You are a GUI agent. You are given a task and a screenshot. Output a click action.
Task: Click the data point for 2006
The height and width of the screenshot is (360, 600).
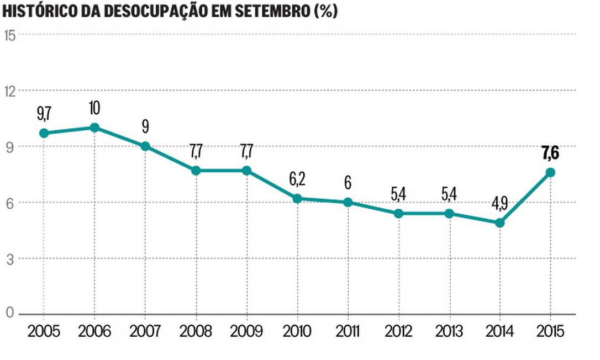[94, 128]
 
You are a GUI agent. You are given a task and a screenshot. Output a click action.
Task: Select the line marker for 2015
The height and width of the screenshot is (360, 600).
[550, 172]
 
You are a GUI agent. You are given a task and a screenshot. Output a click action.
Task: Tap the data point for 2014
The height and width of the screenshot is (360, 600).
[499, 223]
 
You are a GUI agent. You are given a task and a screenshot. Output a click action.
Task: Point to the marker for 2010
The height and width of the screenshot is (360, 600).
[297, 198]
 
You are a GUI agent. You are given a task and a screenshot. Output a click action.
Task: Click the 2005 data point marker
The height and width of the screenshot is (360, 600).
[44, 133]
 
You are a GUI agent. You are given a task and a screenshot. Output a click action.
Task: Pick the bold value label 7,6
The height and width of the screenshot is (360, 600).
[550, 152]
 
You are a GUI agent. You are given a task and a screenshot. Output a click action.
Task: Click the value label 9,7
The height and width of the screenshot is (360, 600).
[44, 114]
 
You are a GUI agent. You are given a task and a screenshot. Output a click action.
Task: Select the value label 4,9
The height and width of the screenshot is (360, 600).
[499, 203]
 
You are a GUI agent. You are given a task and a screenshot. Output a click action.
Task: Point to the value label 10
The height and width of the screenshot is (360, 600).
[94, 108]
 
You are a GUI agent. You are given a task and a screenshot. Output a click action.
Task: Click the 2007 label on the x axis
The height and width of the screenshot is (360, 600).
[145, 332]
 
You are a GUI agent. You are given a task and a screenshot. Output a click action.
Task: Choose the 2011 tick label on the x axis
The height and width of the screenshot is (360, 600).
[348, 332]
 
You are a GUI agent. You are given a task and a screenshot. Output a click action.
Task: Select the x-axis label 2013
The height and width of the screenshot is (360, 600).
[449, 332]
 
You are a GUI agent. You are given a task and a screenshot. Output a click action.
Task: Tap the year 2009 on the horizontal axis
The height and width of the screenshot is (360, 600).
[246, 332]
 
